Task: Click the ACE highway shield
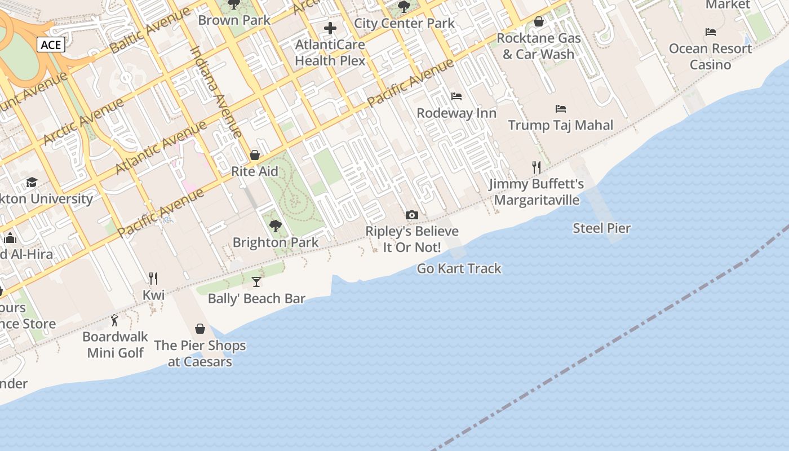point(51,45)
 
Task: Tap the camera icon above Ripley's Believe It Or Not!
point(412,215)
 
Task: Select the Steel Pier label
point(601,228)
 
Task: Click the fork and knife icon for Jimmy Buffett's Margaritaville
point(537,167)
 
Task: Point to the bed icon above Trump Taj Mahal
point(560,108)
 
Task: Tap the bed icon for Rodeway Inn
point(456,96)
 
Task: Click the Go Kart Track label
point(459,268)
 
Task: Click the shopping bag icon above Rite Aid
point(255,155)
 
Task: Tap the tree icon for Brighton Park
point(275,226)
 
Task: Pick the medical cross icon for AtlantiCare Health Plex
point(330,28)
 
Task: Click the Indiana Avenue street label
point(216,91)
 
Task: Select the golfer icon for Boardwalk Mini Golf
point(115,320)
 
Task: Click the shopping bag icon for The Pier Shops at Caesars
point(200,329)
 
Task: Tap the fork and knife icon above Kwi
point(153,278)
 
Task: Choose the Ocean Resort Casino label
point(710,56)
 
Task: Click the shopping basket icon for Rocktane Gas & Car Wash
point(539,22)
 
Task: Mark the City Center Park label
point(404,23)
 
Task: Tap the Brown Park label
point(234,20)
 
